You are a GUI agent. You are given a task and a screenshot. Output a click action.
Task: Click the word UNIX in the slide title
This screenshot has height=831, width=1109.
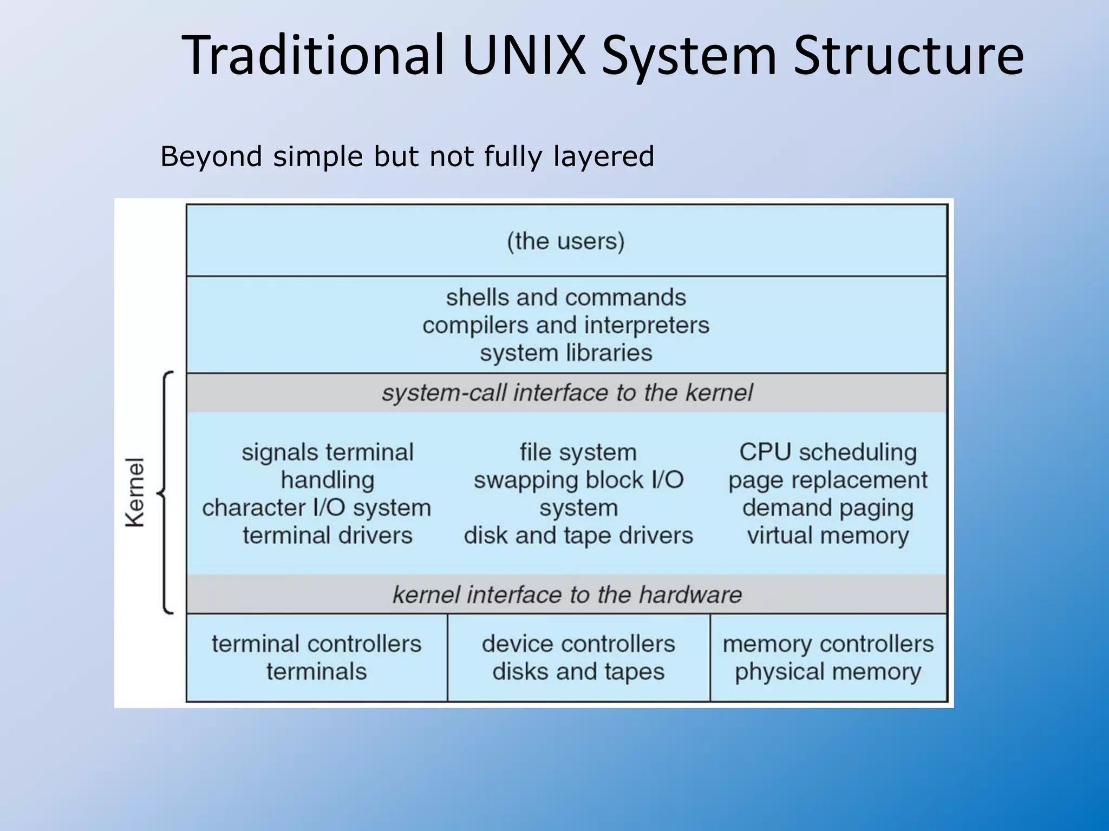[524, 55]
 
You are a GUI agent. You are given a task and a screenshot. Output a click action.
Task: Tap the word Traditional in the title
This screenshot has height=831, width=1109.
[312, 55]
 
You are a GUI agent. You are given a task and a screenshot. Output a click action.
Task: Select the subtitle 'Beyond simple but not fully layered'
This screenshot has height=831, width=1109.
[407, 156]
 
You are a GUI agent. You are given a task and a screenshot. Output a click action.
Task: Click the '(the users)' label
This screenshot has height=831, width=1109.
[566, 241]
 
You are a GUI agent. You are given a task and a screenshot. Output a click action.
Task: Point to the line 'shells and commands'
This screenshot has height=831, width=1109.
[566, 298]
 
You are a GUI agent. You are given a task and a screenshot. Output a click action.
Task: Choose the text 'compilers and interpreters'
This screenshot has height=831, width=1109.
[566, 325]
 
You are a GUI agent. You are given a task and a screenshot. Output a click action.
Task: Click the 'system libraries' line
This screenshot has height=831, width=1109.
[566, 353]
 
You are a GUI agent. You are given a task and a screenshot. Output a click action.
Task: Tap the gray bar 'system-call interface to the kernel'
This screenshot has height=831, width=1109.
[566, 393]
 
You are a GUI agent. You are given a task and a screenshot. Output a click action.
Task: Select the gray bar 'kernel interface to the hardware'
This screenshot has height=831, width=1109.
[566, 595]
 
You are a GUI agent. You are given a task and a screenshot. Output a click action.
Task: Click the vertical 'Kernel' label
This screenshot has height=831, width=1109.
[135, 492]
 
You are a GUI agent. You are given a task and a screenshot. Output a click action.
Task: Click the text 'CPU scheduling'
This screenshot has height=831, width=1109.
[828, 452]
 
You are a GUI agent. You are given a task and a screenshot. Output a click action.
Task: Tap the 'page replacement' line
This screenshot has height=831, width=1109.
[828, 480]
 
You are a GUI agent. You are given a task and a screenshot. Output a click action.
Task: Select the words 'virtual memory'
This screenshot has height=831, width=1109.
[828, 536]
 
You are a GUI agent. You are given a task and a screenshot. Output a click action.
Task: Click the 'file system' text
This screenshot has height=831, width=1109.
[578, 452]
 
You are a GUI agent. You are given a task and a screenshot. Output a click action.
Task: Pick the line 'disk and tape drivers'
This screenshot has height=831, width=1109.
[578, 536]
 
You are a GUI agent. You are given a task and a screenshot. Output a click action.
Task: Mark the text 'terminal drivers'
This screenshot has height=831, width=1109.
[328, 536]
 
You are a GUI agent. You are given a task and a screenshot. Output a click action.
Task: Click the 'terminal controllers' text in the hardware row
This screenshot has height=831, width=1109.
[317, 644]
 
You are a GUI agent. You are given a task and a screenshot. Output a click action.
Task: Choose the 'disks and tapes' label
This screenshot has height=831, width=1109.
[578, 672]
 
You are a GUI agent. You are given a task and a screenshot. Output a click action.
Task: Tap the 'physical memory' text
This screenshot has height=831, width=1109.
[828, 672]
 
